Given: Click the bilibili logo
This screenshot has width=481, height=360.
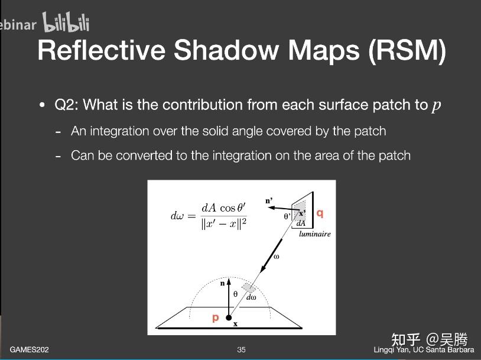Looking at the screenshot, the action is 66,22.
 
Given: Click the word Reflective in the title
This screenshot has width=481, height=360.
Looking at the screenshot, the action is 102,50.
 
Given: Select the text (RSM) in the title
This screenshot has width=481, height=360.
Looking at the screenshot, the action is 407,51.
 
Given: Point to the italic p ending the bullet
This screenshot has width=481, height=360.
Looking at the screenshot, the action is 437,106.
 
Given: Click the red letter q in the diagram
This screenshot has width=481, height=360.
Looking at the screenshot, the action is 320,213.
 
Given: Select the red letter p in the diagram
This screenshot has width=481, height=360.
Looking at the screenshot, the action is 216,317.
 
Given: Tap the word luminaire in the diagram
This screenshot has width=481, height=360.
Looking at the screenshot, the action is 315,234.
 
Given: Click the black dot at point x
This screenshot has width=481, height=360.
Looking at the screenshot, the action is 229,317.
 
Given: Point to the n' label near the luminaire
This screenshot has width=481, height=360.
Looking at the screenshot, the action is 269,201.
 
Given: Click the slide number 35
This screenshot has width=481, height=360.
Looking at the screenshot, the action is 241,349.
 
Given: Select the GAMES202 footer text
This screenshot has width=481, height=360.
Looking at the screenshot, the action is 29,349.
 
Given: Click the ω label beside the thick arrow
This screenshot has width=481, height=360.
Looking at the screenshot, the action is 276,257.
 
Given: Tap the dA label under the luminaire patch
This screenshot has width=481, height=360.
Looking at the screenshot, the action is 301,223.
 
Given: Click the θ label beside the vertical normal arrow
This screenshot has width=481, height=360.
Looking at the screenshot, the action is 235,294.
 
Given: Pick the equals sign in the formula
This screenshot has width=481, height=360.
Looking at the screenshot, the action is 191,216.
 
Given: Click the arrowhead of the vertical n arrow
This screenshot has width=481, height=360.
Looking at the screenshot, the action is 229,281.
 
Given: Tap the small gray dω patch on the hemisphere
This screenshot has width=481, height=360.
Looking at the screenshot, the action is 249,288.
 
